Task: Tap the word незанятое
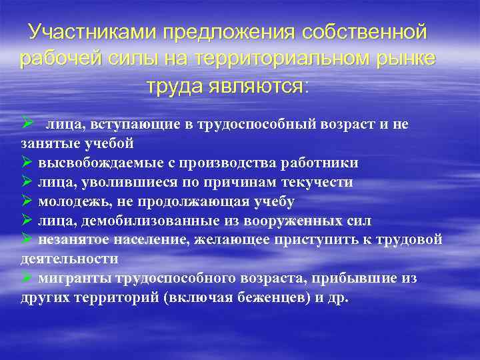pyautogui.click(x=70, y=240)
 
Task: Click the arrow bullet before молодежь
pyautogui.click(x=27, y=201)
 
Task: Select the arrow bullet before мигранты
pyautogui.click(x=27, y=277)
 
